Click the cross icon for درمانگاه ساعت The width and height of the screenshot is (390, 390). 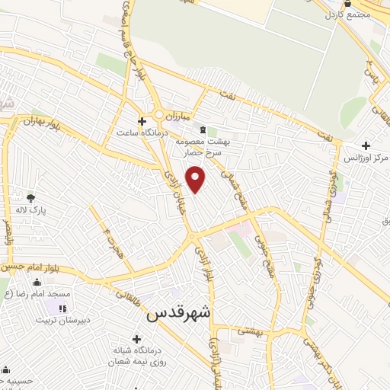141,120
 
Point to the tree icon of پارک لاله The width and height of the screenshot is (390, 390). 30,197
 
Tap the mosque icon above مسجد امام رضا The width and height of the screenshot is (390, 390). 37,283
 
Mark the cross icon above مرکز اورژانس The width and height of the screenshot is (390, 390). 366,145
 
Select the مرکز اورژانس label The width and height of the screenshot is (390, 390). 366,157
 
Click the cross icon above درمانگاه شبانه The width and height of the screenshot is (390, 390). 136,339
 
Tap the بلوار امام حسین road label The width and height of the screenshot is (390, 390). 28,267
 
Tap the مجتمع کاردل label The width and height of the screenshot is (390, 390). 347,14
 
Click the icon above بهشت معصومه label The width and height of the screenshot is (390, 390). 202,129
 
